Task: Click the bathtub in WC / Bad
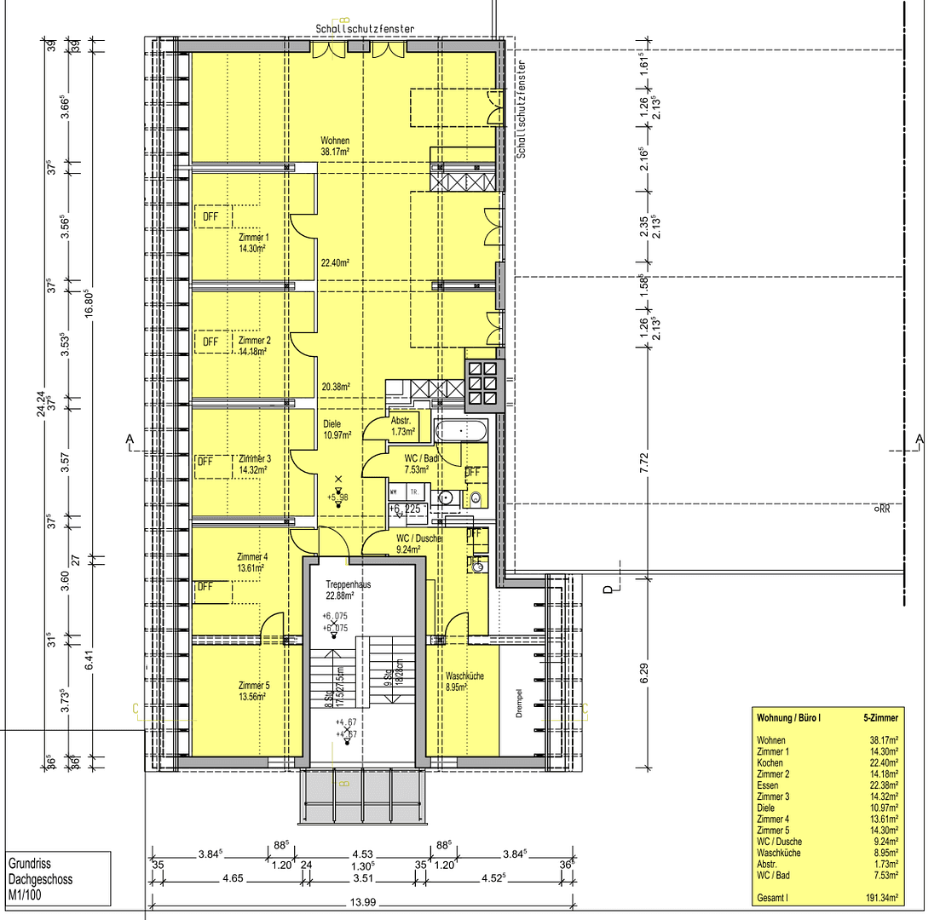pos(461,431)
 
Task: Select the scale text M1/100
pos(26,894)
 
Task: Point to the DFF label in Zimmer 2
pos(210,342)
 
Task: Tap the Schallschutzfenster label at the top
pos(365,29)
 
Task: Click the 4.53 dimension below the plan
pos(362,854)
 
